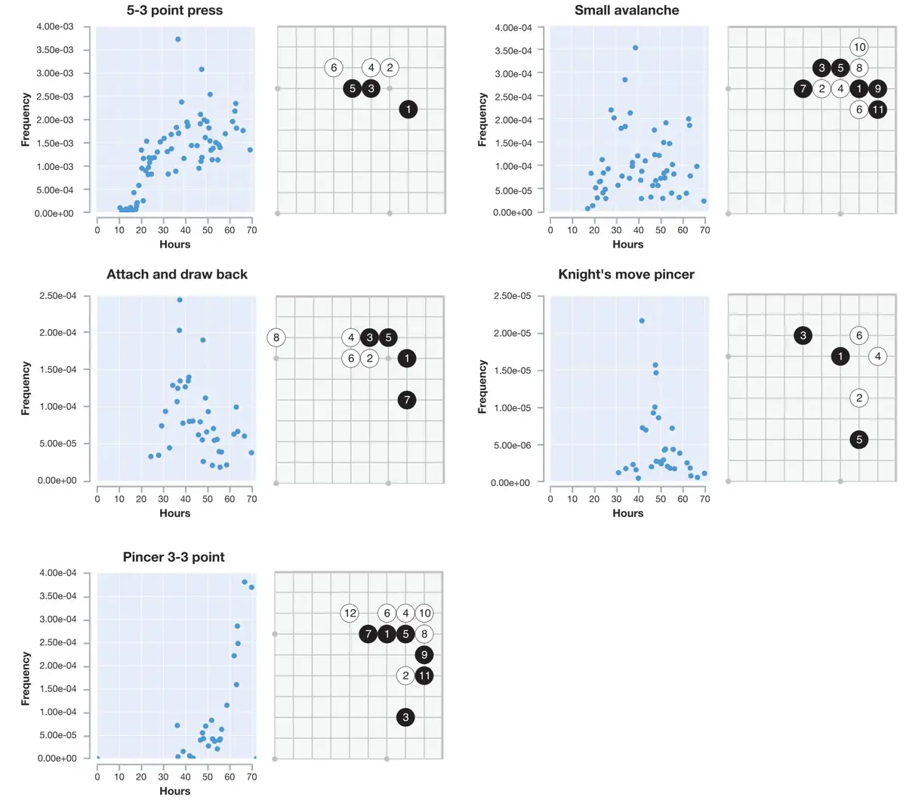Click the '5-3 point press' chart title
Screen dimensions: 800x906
click(x=174, y=11)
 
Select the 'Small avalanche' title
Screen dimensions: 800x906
click(x=627, y=11)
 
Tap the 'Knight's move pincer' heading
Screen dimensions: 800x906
click(x=626, y=275)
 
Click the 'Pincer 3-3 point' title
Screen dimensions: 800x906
click(x=174, y=558)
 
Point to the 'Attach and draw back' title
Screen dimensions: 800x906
click(x=177, y=275)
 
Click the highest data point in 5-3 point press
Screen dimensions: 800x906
click(x=178, y=39)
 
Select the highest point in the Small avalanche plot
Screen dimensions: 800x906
click(x=635, y=48)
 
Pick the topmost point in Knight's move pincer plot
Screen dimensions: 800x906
click(x=642, y=321)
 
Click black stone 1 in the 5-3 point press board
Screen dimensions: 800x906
click(x=408, y=109)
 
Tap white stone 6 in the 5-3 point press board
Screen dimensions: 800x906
click(x=334, y=68)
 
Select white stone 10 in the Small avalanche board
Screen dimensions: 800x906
click(x=859, y=47)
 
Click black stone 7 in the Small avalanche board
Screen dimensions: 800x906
click(x=803, y=89)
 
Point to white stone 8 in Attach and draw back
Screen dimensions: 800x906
click(x=276, y=337)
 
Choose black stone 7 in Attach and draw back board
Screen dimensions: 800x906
click(x=407, y=400)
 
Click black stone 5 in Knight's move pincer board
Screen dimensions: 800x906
click(x=858, y=440)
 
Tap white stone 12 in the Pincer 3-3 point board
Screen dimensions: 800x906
click(x=350, y=614)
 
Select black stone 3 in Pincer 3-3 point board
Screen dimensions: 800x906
click(x=405, y=717)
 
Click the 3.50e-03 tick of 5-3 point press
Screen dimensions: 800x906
click(x=55, y=50)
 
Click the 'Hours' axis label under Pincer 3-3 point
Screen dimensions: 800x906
click(x=174, y=791)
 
